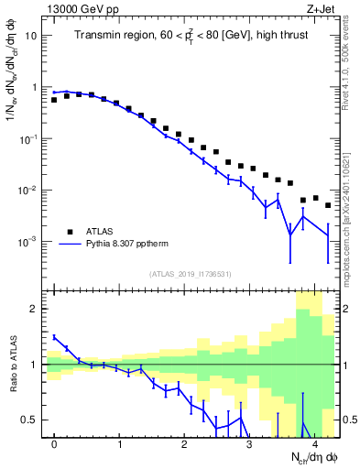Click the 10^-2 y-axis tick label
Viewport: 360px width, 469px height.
point(29,191)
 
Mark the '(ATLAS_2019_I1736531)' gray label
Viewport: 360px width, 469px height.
point(190,273)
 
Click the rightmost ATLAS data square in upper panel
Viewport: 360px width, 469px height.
point(328,205)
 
